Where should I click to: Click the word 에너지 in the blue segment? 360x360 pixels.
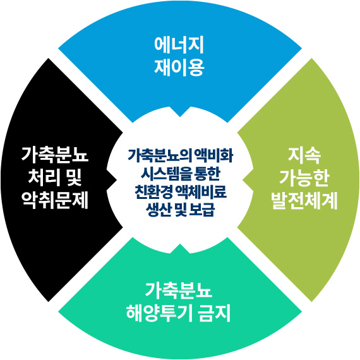coord(179,45)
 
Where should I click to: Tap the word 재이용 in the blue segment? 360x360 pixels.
coord(179,68)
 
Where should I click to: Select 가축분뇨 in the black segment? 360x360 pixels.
coord(55,155)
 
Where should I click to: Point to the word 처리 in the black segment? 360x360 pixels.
coord(42,178)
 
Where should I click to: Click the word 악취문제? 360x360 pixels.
coord(55,200)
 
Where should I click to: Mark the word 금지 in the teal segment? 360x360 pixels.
coord(215,313)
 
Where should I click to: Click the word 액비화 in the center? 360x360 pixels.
coord(213,155)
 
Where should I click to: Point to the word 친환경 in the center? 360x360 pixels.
coord(153,192)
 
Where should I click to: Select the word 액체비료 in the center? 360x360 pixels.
coord(201,192)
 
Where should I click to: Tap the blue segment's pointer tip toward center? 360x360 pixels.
coord(180,116)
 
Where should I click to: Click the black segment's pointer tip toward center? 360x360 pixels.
coord(117,180)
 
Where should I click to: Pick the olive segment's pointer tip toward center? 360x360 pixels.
coord(243,180)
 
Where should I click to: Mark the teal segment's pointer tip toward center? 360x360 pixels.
coord(180,244)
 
